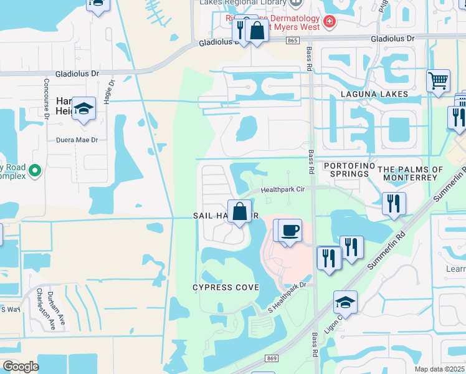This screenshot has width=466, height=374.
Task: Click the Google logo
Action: coord(21,367)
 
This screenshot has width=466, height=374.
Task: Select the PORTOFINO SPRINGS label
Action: coord(346,170)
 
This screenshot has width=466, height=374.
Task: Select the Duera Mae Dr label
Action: coord(78,140)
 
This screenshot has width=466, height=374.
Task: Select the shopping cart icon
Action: coord(439,81)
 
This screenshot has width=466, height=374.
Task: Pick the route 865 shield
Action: coord(293,40)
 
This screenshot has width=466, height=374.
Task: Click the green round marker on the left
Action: coord(35,170)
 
